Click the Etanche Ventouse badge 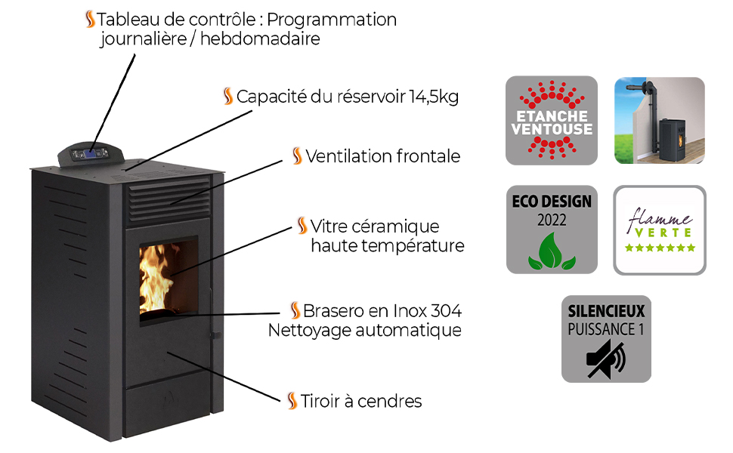551,120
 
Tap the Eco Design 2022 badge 551,230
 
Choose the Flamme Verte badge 660,230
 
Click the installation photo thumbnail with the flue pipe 660,120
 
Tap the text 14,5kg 434,97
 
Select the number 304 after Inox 446,311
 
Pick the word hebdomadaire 261,39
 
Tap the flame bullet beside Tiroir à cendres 292,401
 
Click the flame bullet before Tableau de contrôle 90,19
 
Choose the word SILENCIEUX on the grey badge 606,311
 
